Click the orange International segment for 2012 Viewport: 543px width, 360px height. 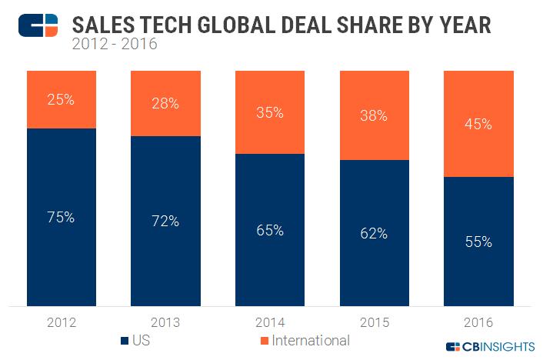coord(62,98)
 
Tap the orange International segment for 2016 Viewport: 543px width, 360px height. coord(478,123)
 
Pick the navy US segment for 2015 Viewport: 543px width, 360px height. coord(374,233)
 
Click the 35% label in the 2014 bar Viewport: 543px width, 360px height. coord(269,112)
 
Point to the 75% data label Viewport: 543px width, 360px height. coord(62,217)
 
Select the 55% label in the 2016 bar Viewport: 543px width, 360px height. coord(478,242)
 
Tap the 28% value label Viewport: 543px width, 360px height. coord(165,103)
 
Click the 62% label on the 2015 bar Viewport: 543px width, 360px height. coord(374,233)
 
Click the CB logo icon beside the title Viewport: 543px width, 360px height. coord(38,25)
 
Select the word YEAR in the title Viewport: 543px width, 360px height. coord(463,24)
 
